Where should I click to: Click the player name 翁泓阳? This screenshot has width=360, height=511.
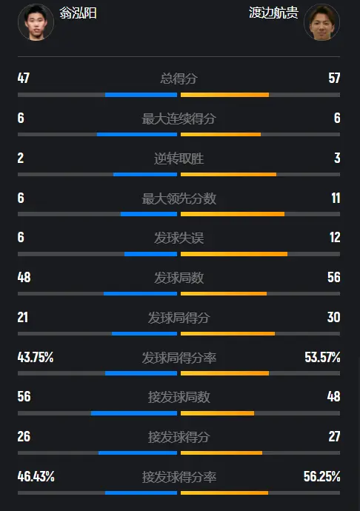pos(78,13)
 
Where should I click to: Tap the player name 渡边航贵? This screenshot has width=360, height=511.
pos(273,13)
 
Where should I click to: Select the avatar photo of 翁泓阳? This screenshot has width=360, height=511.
pos(36,22)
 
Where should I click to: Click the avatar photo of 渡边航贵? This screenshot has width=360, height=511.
pos(321,22)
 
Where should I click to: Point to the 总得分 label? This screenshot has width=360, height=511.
pos(179,79)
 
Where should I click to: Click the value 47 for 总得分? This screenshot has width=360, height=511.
pos(24,79)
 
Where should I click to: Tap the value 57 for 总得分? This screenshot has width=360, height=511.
pos(334,79)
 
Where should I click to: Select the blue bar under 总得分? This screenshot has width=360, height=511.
pos(141,95)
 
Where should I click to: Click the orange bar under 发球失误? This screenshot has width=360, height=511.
pos(234,254)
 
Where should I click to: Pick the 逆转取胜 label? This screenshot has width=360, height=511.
pos(179,158)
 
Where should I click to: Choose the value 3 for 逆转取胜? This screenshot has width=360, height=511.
pos(337,158)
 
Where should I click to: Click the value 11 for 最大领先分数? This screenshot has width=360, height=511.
pos(336,198)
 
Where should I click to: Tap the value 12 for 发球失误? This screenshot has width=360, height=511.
pos(335,237)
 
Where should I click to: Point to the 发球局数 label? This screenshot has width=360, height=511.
pos(179,278)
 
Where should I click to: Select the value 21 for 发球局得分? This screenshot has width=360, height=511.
pos(23,317)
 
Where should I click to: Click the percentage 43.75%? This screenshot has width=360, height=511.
pos(36,357)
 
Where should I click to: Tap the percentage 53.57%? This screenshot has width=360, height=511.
pos(322,357)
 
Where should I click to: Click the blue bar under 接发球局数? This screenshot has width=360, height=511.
pos(134,413)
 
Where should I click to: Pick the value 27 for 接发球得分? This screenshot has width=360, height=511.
pos(335,436)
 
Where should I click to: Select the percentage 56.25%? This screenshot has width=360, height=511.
pos(321,476)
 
